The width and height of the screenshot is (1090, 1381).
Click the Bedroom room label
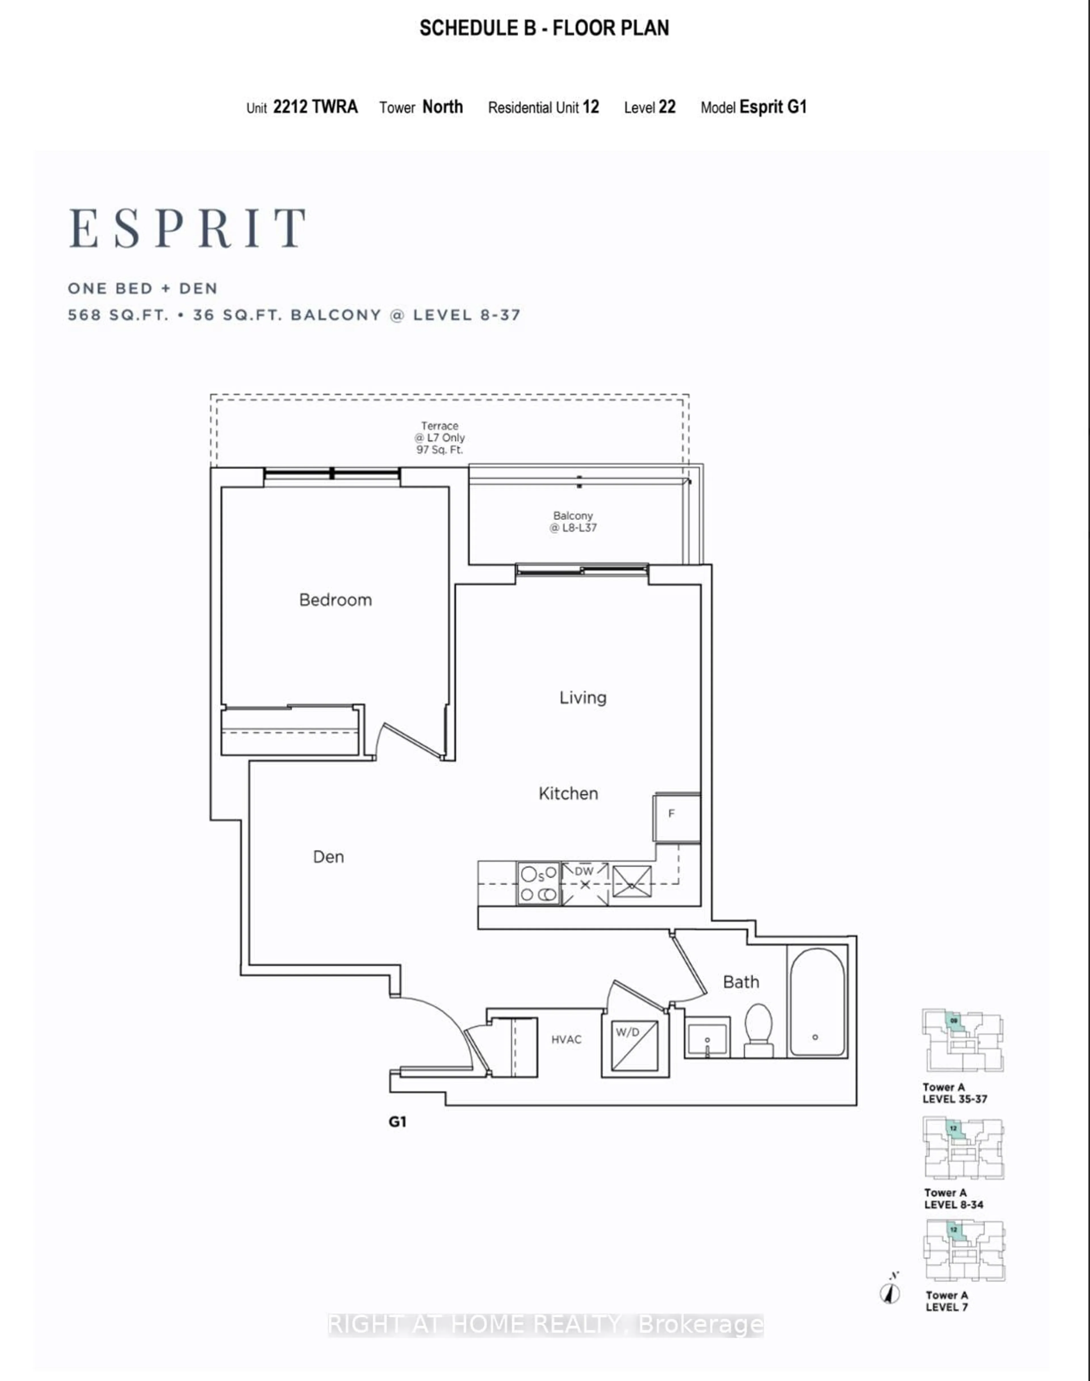[x=335, y=600]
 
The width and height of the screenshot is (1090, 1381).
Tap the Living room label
[x=583, y=697]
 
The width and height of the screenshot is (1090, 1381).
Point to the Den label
[x=328, y=856]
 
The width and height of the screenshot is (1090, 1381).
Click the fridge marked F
[x=676, y=817]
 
